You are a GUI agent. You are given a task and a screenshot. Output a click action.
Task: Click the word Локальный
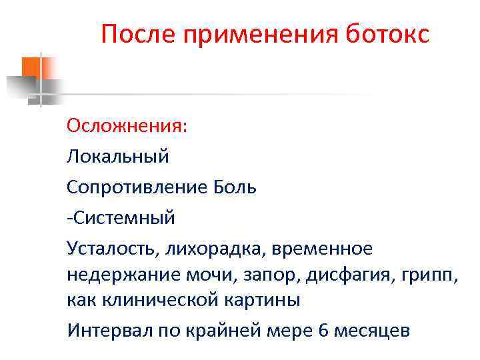[x=118, y=157]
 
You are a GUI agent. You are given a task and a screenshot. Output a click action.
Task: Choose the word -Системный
[x=121, y=217]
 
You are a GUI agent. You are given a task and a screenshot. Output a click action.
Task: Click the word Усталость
[x=111, y=248]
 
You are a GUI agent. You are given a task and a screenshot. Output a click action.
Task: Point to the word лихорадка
[x=203, y=248]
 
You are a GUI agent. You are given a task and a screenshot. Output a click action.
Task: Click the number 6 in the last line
[x=324, y=330]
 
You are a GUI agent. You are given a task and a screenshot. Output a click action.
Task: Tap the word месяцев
[x=372, y=330]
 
